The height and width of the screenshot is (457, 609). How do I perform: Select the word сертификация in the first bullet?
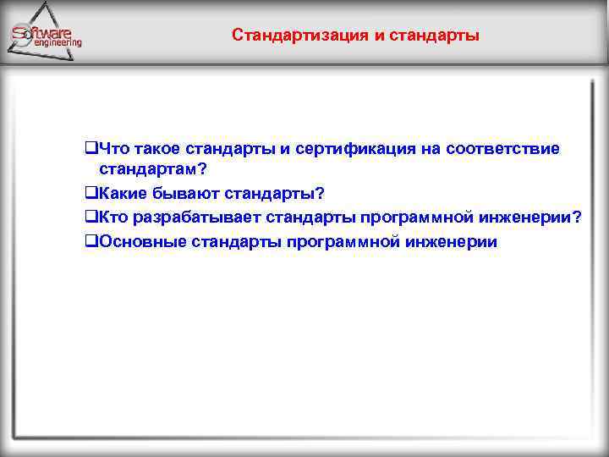click(x=355, y=149)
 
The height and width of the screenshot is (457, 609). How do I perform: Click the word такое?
click(x=157, y=149)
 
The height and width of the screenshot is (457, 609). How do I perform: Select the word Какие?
click(x=121, y=193)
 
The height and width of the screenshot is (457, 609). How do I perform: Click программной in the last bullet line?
click(x=343, y=243)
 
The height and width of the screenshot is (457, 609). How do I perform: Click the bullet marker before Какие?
click(x=91, y=194)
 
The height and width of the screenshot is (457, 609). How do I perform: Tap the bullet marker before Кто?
click(x=91, y=218)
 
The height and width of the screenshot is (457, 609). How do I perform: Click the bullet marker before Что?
click(x=91, y=150)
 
